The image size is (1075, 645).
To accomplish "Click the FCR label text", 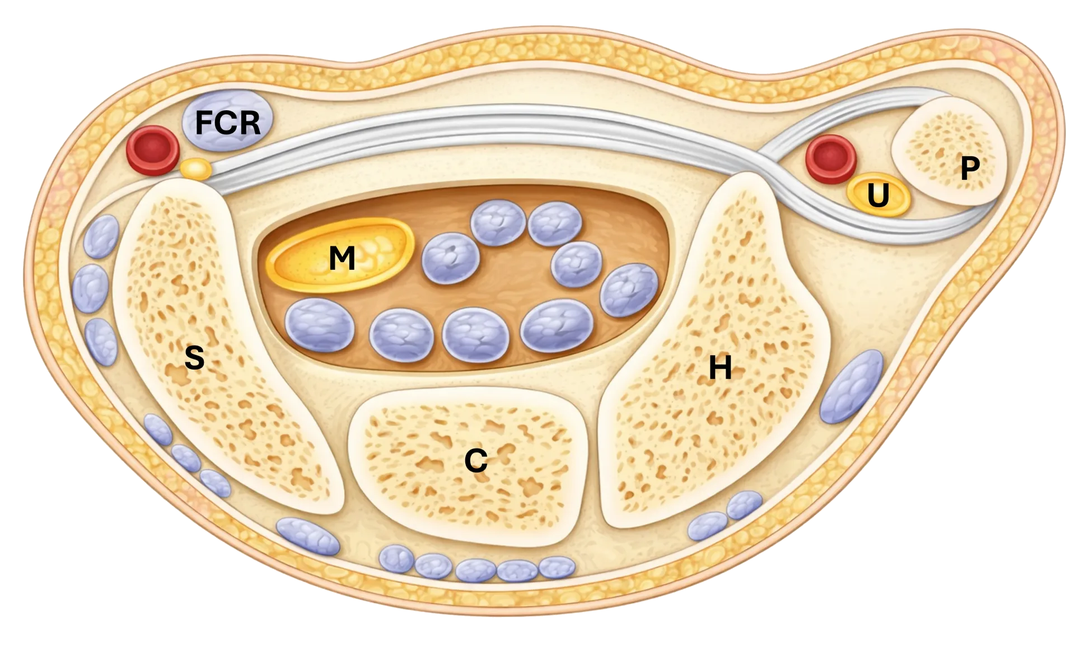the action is pyautogui.click(x=228, y=123).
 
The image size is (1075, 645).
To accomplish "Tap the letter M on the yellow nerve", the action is pyautogui.click(x=342, y=259).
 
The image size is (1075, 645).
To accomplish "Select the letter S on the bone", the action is pyautogui.click(x=194, y=358).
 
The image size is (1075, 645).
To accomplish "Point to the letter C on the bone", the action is pyautogui.click(x=476, y=461).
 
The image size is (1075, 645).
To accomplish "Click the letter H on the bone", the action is pyautogui.click(x=720, y=368).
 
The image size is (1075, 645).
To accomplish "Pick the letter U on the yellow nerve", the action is pyautogui.click(x=878, y=195).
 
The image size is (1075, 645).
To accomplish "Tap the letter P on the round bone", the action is pyautogui.click(x=970, y=167).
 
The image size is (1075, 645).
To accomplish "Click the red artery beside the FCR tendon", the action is pyautogui.click(x=152, y=150).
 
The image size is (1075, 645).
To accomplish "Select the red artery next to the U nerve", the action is pyautogui.click(x=831, y=159).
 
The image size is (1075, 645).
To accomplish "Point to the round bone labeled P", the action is pyautogui.click(x=949, y=151).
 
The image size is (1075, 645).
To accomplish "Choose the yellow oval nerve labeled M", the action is pyautogui.click(x=340, y=255).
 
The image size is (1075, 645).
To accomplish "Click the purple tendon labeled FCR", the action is pyautogui.click(x=227, y=120).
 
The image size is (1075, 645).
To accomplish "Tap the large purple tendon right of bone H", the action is pyautogui.click(x=851, y=386).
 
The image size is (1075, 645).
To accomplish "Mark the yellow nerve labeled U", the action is pyautogui.click(x=878, y=196).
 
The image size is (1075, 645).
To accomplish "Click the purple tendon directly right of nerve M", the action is pyautogui.click(x=451, y=258).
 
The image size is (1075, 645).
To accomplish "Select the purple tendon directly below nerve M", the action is pyautogui.click(x=320, y=325).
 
